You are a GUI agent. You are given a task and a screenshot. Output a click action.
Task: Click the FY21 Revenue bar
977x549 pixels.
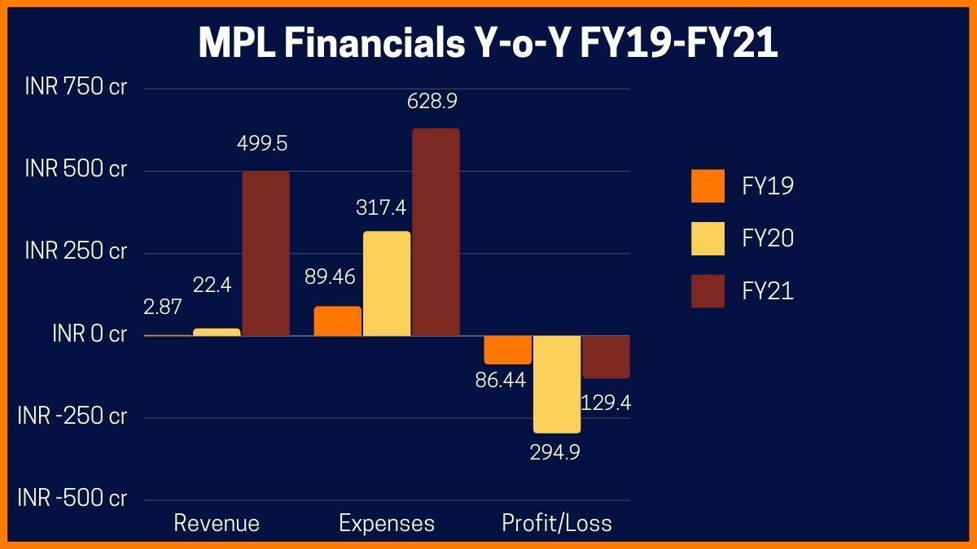pos(265,253)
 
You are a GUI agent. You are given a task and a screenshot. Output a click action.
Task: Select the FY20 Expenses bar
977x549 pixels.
pos(387,283)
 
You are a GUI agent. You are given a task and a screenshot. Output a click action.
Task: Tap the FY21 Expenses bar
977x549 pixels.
pos(436,232)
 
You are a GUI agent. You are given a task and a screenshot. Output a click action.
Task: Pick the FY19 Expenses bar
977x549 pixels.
pos(338,320)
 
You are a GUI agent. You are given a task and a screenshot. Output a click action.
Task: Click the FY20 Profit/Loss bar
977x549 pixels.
pos(557,383)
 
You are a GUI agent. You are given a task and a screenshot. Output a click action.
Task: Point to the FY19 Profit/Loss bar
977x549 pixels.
pos(508,349)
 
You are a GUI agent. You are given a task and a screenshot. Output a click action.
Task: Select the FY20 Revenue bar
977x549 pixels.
pos(217,332)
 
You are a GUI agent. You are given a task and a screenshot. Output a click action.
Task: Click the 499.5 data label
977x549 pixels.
pos(262,144)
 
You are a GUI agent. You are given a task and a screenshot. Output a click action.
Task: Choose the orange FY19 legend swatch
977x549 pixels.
pos(708,186)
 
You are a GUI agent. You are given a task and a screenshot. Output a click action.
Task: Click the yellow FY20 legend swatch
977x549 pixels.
pos(708,238)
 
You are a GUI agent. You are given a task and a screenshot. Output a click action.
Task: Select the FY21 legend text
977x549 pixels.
pos(768,291)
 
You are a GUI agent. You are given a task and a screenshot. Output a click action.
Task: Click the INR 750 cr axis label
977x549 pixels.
pos(76,88)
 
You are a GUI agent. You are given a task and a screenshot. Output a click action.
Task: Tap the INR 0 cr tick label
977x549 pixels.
pos(89,334)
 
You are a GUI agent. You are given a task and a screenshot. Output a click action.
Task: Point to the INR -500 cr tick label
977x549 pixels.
pos(72,499)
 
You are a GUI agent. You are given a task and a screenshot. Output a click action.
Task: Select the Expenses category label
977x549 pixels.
pos(387,523)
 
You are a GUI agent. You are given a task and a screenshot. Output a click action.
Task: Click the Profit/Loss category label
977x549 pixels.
pos(557,523)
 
